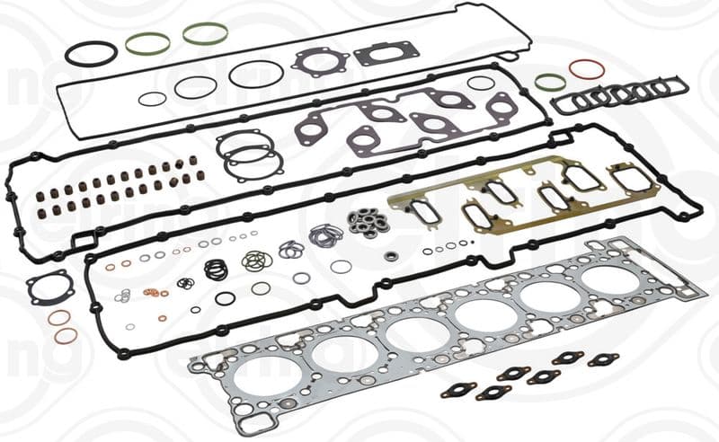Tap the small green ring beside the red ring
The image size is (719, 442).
click(550, 82)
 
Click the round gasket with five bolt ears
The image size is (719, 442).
click(319, 62)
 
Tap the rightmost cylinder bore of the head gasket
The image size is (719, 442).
click(611, 278)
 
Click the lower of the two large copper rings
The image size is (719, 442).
click(66, 336)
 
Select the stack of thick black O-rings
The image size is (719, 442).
click(217, 269)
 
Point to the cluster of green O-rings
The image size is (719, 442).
click(256, 261)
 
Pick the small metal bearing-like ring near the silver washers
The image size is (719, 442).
click(391, 256)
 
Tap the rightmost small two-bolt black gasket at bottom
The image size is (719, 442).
click(603, 359)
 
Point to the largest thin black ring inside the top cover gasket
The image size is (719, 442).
click(256, 74)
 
